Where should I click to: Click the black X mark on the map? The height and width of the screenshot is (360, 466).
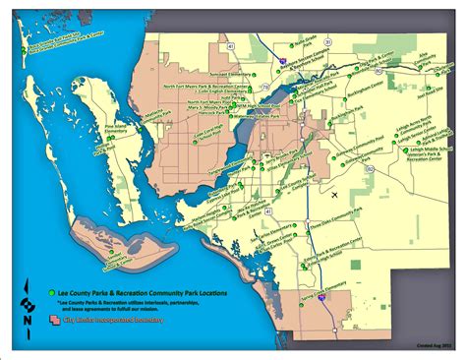335,195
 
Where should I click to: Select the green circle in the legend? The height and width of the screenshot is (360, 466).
50,294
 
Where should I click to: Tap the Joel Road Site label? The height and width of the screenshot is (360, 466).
428,96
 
